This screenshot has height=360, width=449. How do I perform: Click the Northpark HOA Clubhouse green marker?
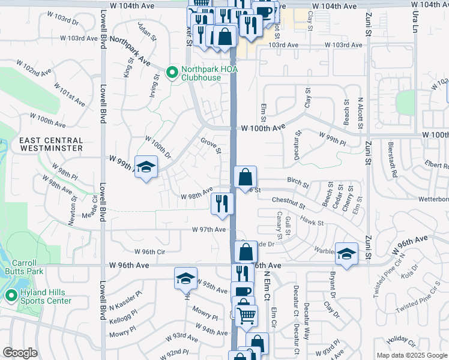pos(171,73)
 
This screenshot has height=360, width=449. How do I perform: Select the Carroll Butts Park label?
pos(23,267)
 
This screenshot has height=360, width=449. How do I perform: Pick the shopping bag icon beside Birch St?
pos(245,176)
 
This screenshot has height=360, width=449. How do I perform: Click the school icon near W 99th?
pos(145,167)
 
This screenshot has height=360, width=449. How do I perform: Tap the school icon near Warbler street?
pos(346,253)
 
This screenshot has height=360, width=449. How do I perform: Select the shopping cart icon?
pos(246,314)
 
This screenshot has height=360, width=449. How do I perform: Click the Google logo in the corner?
pos(20,353)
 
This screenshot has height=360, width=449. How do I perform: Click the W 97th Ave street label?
pos(209,230)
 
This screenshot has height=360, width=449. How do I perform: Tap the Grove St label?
pos(211,145)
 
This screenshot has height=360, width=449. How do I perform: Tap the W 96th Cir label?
pos(149,252)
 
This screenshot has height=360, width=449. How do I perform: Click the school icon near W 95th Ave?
pos(185,277)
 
